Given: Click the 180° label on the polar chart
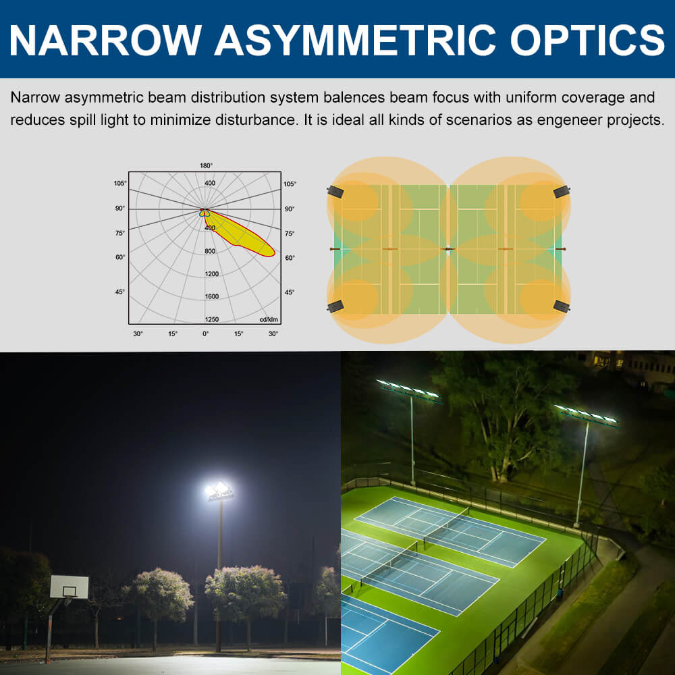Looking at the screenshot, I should tap(206, 165).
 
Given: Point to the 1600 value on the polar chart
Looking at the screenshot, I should tap(211, 296).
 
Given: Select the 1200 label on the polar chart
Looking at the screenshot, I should tap(211, 274).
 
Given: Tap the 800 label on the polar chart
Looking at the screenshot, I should tap(210, 251).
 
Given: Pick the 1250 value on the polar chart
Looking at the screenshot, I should tap(211, 319).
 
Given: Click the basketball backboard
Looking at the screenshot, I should tap(69, 587).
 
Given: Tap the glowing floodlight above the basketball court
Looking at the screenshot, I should tap(219, 491).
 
